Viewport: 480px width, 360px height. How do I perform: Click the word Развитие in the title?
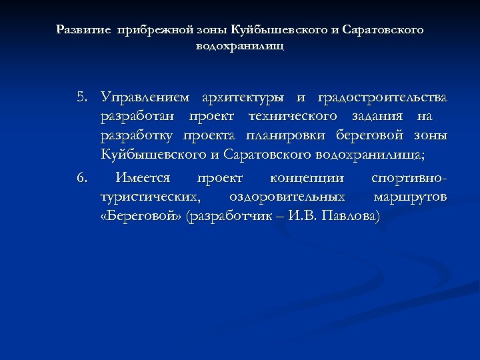pos(85,30)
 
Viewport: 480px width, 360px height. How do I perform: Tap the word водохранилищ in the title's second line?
pos(240,47)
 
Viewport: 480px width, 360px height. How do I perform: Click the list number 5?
pos(81,98)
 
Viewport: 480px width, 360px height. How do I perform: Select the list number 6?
pos(81,179)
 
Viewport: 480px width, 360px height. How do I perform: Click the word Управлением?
pos(145,98)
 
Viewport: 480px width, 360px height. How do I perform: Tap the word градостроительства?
pos(383,98)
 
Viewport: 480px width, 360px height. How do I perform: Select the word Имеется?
pos(143,179)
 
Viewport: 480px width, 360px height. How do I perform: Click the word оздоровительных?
pos(287,197)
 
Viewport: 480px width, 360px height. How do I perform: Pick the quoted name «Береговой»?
pos(140,217)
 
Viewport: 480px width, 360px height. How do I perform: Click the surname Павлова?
pos(351,217)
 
